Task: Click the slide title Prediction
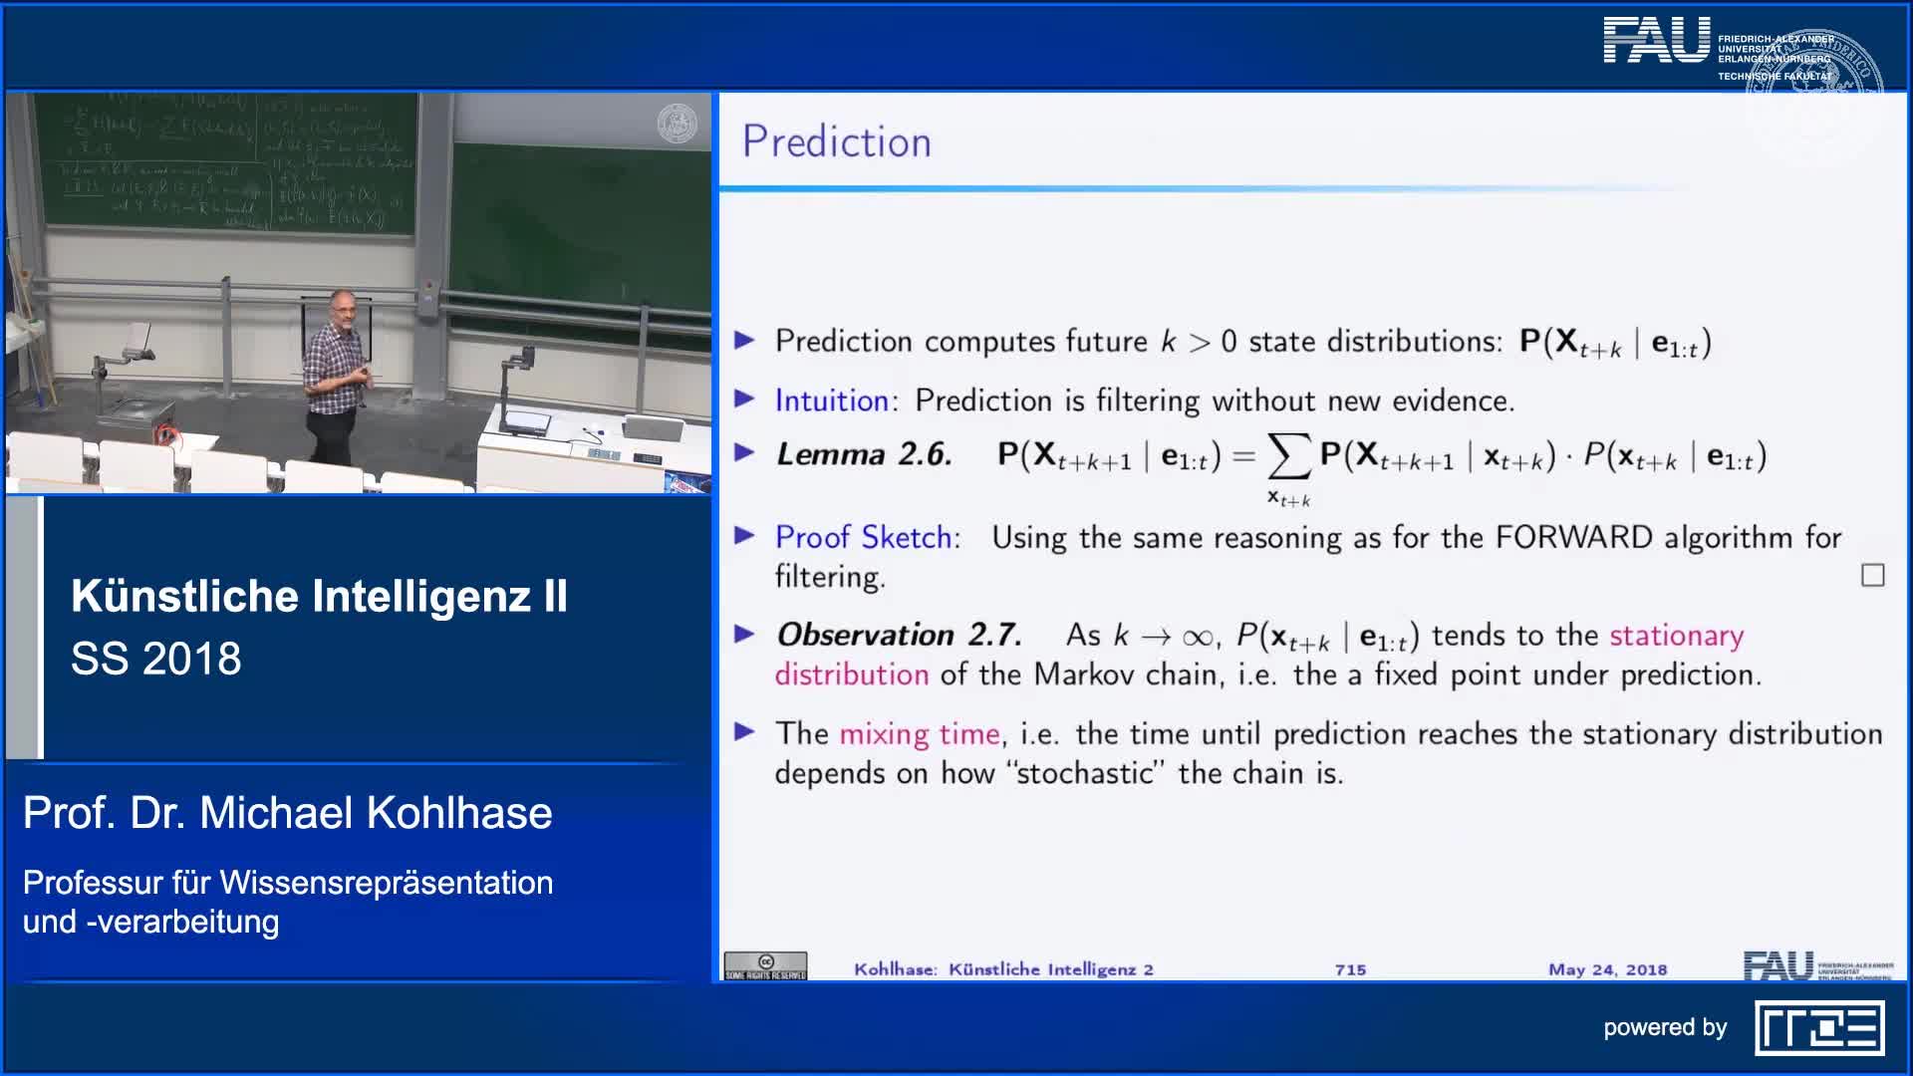(836, 141)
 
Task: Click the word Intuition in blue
(831, 401)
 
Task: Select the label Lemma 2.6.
(864, 454)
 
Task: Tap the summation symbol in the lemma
(1287, 456)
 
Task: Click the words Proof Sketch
(864, 537)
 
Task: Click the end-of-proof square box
(1872, 575)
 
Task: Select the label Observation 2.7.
(899, 635)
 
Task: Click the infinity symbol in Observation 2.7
(1197, 637)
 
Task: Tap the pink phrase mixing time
(919, 734)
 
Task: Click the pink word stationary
(1676, 635)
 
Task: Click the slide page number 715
(1350, 969)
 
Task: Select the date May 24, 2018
(1607, 969)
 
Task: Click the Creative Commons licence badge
(765, 965)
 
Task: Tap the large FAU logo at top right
(1656, 41)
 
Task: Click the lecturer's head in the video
(341, 306)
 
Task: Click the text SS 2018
(156, 659)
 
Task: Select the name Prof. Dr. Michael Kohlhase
(287, 813)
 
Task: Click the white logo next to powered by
(1819, 1028)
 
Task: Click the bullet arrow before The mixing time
(744, 732)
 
